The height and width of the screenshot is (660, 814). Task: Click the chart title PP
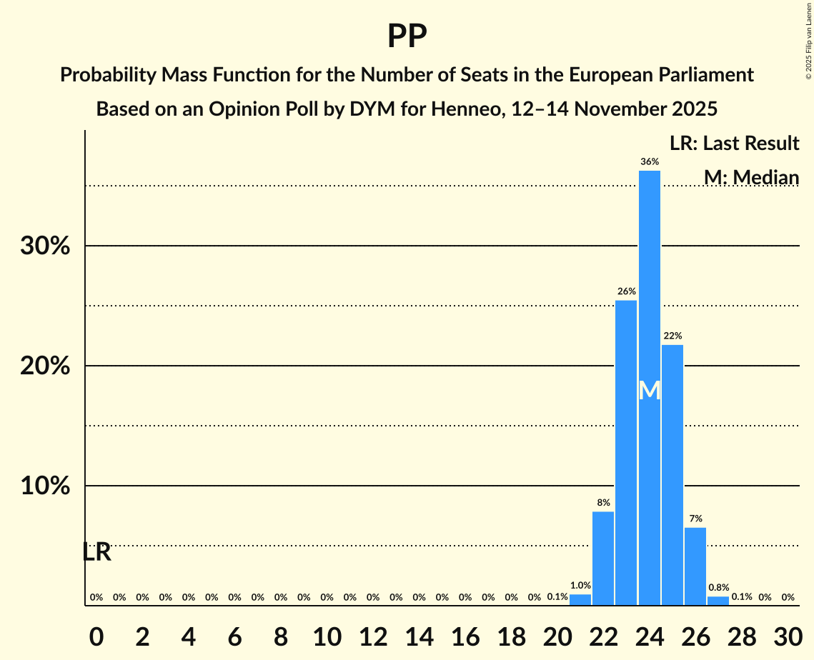407,36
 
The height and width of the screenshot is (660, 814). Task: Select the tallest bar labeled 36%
650,386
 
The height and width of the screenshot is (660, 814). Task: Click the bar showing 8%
603,558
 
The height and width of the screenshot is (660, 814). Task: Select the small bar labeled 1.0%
580,599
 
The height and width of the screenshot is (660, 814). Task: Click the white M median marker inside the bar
650,391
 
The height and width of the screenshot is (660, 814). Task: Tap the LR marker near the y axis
96,552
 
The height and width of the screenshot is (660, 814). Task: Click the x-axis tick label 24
650,634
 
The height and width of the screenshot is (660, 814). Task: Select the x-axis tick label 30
788,634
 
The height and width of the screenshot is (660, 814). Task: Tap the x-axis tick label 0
96,634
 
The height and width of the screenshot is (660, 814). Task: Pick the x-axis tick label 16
465,634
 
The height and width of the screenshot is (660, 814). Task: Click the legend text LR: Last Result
734,144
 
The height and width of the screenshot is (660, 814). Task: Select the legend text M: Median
751,177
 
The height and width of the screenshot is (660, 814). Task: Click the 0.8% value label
718,588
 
